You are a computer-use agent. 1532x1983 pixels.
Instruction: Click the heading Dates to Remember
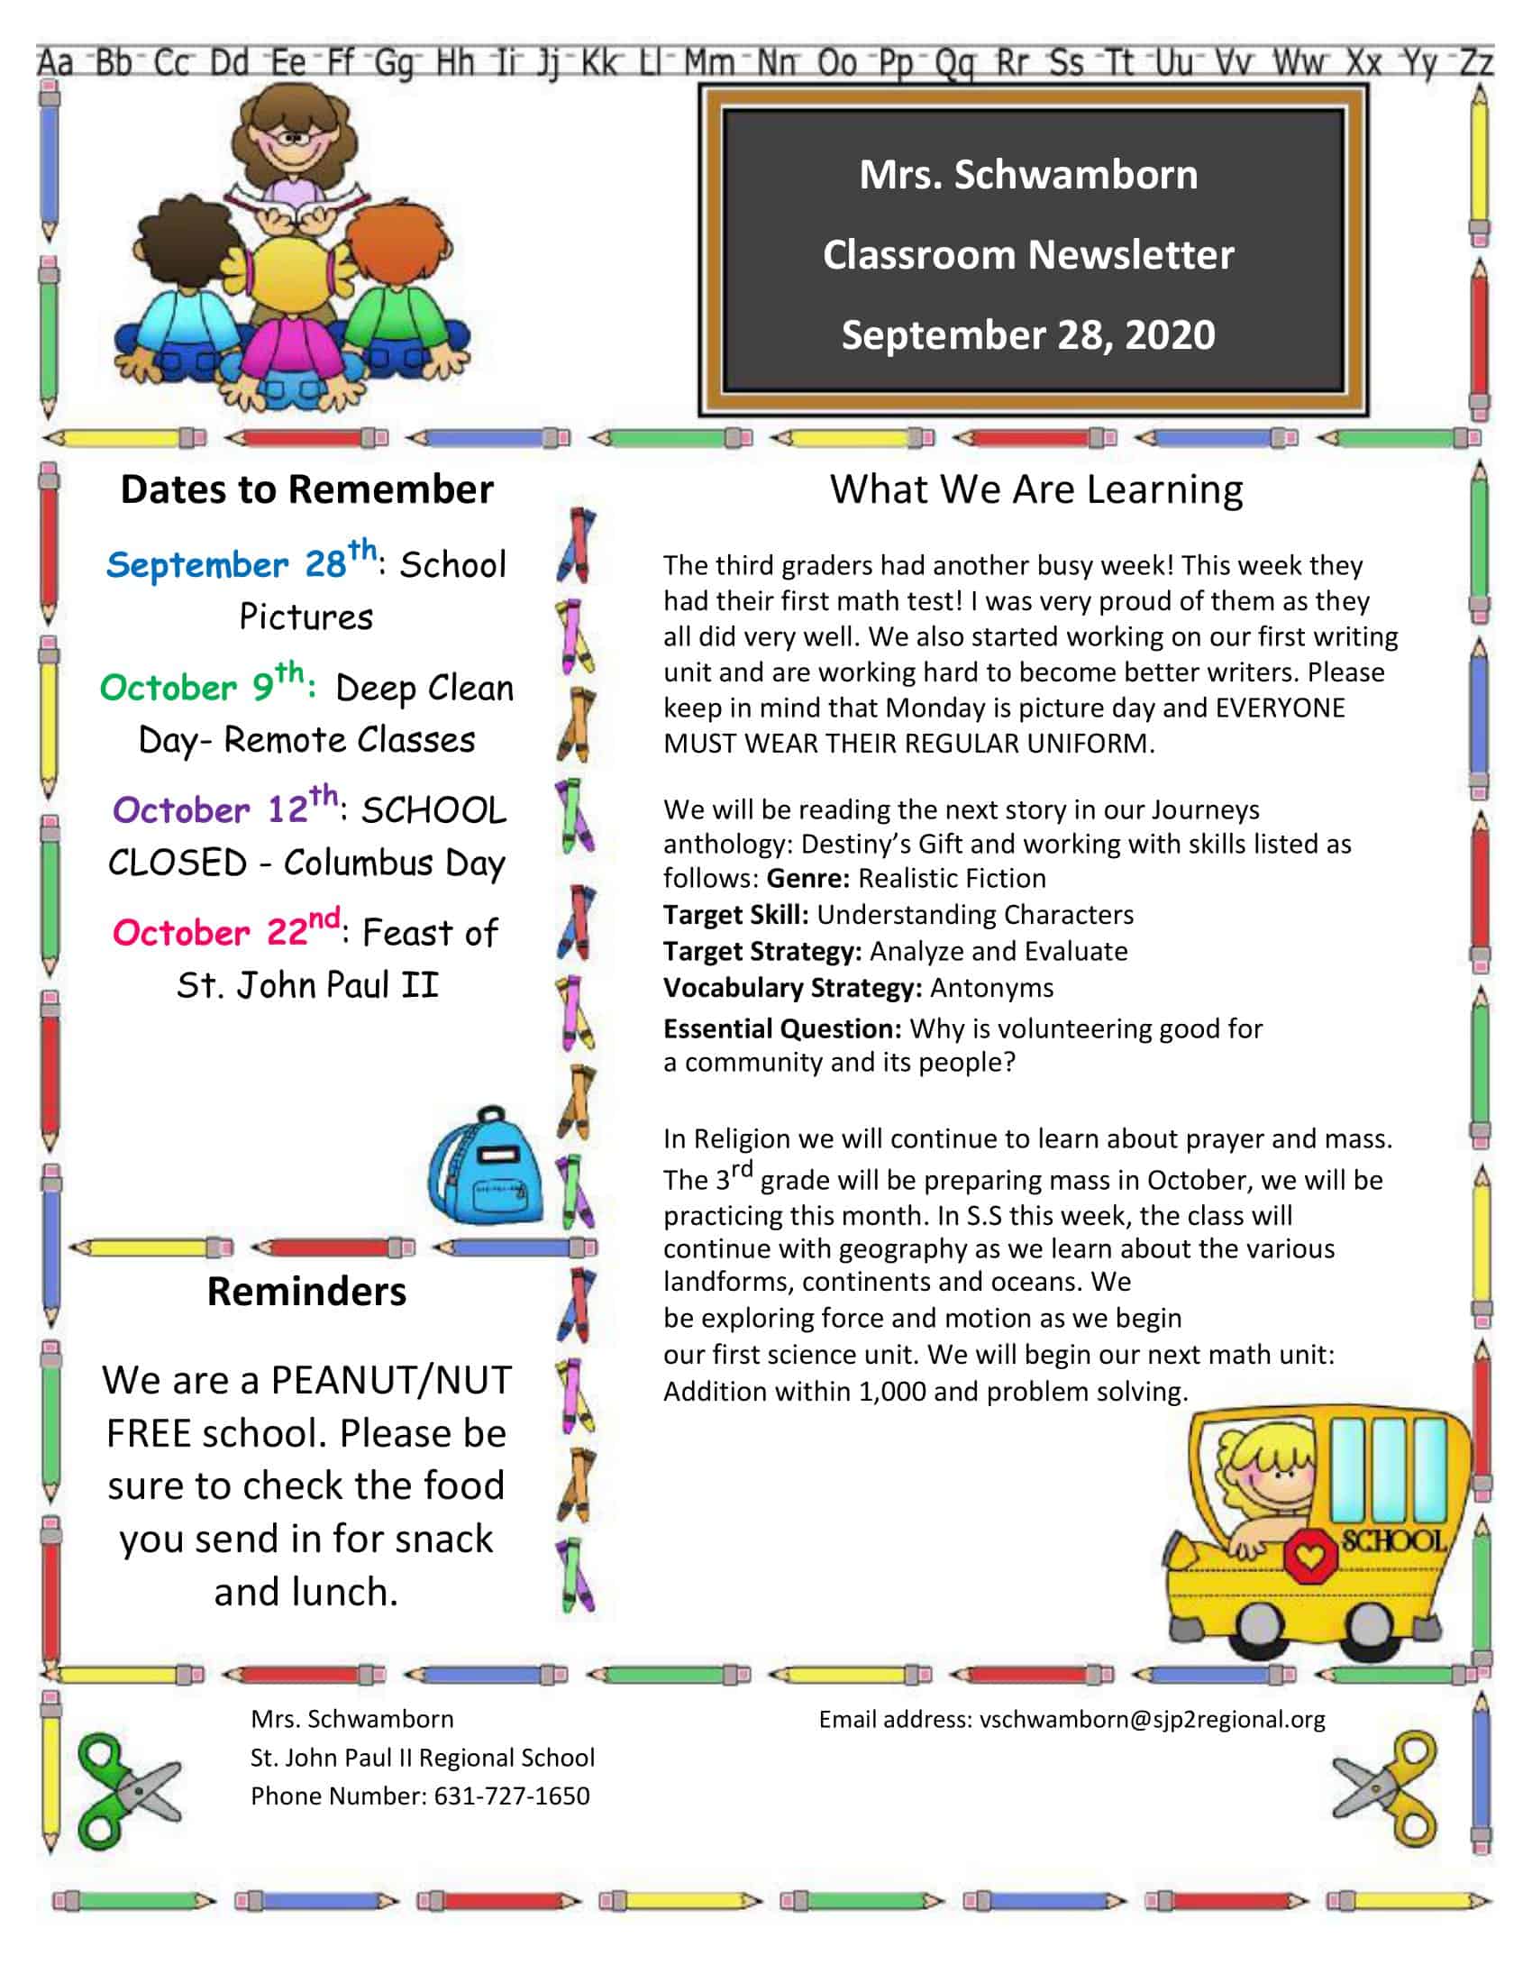(x=306, y=489)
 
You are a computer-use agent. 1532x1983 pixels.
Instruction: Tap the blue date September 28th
(x=241, y=562)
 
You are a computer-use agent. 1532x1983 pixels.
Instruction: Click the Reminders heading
(x=306, y=1291)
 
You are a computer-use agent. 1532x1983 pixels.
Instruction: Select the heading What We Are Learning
(x=1035, y=489)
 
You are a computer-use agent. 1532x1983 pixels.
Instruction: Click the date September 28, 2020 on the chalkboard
(x=1027, y=334)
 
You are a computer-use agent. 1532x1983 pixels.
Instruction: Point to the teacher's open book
(x=296, y=211)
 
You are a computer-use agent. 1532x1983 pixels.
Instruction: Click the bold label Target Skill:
(x=735, y=914)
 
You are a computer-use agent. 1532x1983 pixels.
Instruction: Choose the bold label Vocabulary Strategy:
(x=792, y=987)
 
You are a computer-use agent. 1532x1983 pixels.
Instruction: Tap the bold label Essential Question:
(x=781, y=1028)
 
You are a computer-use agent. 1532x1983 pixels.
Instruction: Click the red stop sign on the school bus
(x=1309, y=1557)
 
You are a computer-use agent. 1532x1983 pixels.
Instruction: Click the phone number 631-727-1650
(x=512, y=1796)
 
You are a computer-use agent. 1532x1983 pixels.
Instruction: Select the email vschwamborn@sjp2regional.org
(x=1152, y=1719)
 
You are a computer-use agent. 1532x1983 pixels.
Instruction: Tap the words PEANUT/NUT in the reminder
(x=391, y=1380)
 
